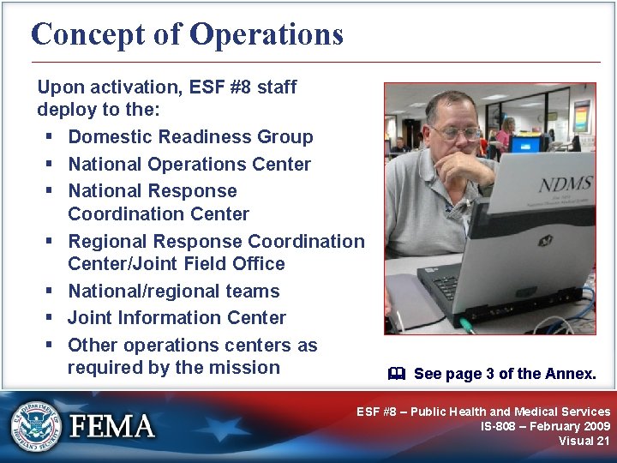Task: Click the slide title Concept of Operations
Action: tap(187, 34)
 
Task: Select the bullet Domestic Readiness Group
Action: tap(190, 137)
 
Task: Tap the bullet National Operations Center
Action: tap(189, 164)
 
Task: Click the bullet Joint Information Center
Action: tap(177, 318)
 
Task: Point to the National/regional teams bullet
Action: tap(173, 292)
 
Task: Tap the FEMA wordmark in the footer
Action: tap(112, 426)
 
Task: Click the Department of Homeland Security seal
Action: tap(37, 425)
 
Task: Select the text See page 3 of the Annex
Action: tap(504, 374)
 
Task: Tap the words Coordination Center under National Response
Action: tap(159, 214)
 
